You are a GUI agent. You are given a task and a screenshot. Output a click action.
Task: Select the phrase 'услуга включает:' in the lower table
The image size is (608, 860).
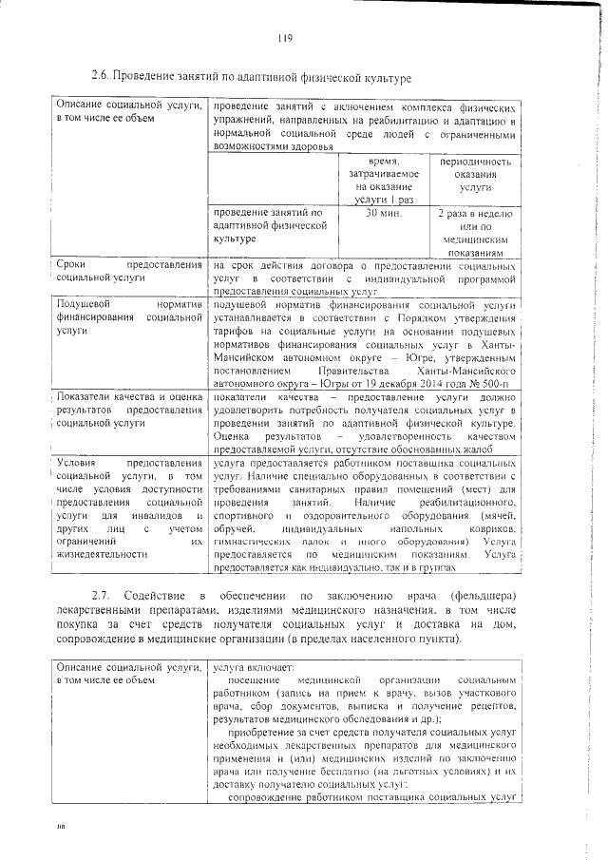point(254,668)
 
